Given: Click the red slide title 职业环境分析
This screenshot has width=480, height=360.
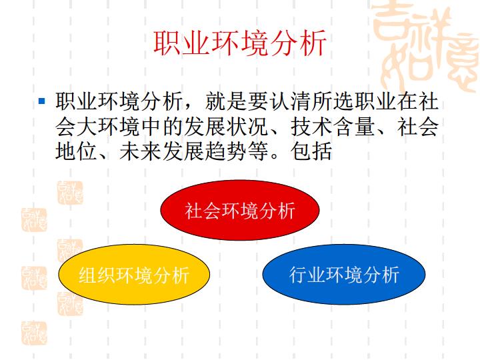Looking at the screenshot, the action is point(240,43).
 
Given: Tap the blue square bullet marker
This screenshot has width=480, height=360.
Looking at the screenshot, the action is point(42,101).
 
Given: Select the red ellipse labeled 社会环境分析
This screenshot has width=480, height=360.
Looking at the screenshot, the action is point(240,210).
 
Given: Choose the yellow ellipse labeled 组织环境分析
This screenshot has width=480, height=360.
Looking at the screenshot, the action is point(134,274).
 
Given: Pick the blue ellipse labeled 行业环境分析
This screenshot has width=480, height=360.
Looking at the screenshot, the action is point(344,274).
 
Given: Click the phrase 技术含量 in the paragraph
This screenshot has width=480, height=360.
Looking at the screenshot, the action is point(333,126).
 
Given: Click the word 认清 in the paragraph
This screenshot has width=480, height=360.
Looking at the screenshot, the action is point(291,101).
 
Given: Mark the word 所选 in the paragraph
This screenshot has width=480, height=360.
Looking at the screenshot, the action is point(333,101).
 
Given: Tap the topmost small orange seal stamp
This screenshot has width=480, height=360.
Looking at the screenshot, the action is point(70,193).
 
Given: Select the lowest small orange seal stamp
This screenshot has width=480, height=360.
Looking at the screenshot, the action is point(34,333).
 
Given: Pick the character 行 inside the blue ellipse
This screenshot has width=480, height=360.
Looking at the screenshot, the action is point(298,275).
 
